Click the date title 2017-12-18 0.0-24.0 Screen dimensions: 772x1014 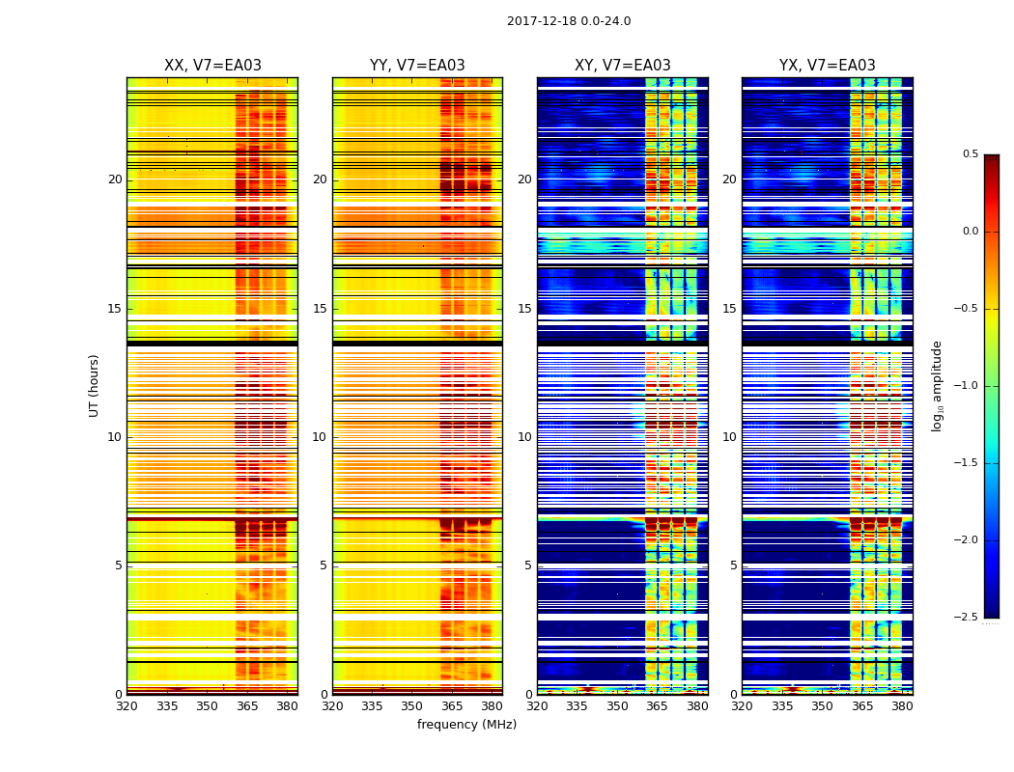coord(569,21)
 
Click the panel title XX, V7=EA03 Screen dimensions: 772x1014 coord(212,66)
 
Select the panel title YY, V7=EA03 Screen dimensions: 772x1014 coord(417,66)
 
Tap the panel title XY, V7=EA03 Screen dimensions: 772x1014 coord(622,66)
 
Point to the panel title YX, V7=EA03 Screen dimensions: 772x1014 coord(828,66)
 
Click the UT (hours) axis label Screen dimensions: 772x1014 coord(95,385)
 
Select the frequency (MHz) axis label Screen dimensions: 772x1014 coord(466,725)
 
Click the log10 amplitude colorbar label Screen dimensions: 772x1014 coord(937,386)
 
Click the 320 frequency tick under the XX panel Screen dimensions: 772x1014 coord(127,706)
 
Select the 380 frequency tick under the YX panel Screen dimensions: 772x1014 coord(902,706)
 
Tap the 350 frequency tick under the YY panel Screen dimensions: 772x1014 coord(411,706)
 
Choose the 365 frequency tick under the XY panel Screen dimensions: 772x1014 coord(657,706)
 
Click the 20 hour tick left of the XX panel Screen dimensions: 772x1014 coord(115,179)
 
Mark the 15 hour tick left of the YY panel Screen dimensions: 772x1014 coord(320,309)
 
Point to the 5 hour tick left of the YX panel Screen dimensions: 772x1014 coord(733,565)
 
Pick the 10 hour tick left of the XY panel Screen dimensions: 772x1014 coord(524,437)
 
